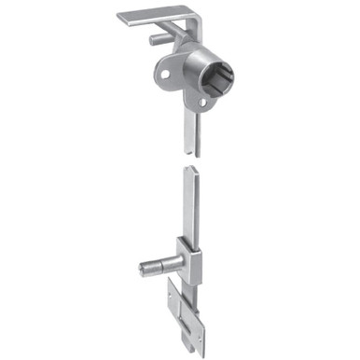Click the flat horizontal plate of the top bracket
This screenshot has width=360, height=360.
click(x=154, y=16)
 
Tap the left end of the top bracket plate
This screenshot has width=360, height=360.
click(x=123, y=16)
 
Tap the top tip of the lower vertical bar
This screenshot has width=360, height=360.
click(x=189, y=170)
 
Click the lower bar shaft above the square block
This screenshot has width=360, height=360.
click(x=189, y=210)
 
